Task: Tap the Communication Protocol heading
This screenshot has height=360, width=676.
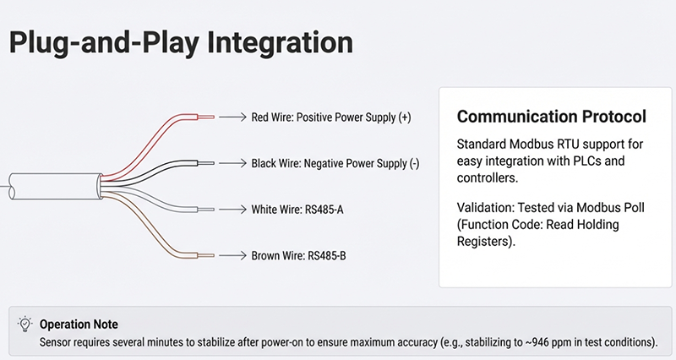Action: click(552, 116)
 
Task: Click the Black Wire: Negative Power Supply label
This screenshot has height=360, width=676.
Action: click(335, 162)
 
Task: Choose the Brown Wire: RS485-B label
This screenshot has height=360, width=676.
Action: click(298, 254)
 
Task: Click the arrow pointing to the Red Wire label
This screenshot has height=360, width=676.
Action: click(232, 117)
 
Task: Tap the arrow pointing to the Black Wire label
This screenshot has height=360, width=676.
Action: click(232, 162)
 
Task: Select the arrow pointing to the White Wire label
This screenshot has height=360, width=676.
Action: click(232, 208)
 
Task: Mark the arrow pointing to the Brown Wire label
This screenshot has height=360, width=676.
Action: click(232, 254)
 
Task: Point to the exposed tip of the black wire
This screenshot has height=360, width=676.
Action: click(208, 161)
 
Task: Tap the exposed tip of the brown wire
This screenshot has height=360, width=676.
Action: click(208, 254)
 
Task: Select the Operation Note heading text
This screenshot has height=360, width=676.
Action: click(79, 324)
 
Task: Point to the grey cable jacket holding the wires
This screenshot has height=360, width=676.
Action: click(51, 183)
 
